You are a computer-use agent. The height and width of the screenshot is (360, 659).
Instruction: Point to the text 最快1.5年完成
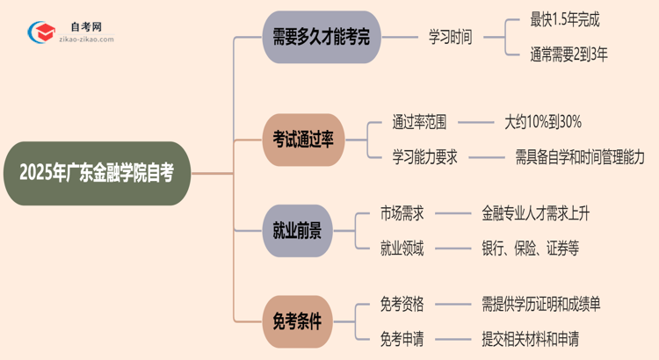[x=566, y=18]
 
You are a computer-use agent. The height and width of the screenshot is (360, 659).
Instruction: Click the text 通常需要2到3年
[x=569, y=55]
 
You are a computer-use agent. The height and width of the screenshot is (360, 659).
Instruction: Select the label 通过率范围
[x=425, y=121]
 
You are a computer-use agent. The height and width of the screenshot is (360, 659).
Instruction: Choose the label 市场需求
[x=402, y=212]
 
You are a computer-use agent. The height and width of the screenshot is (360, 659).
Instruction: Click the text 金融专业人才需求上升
[x=546, y=212]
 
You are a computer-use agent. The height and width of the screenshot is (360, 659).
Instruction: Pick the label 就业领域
[x=402, y=248]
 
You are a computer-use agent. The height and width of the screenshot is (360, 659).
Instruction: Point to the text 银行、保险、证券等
[x=530, y=248]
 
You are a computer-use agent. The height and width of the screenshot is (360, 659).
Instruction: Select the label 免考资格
[x=402, y=304]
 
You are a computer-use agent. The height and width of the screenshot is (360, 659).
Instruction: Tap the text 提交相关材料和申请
[x=530, y=338]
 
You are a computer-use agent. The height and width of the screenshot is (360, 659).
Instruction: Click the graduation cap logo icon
[x=40, y=32]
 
